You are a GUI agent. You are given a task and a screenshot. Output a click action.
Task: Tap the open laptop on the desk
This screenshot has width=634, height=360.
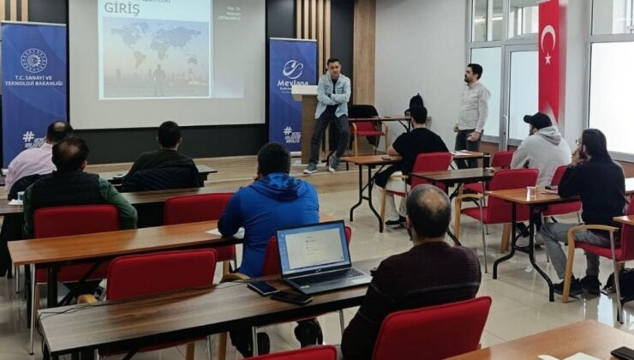tap(318, 259)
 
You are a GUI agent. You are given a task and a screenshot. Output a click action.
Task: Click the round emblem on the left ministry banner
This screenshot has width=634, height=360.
tap(34, 60)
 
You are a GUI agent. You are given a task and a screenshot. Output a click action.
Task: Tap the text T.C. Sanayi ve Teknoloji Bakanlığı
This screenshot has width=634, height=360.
tap(34, 83)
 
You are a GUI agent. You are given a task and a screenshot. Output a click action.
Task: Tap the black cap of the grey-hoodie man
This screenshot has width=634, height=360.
tap(538, 120)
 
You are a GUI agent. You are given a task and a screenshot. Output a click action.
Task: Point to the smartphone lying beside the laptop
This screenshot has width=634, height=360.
tap(264, 288)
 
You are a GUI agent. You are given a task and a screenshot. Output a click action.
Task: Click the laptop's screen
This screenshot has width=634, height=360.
tap(314, 249)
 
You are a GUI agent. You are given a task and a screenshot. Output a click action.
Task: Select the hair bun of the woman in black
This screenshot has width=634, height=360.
tap(416, 101)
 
